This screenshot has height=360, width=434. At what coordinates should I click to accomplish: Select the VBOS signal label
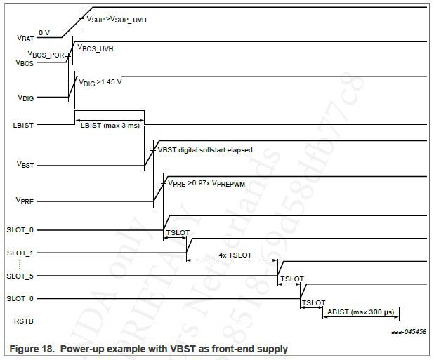click(x=25, y=62)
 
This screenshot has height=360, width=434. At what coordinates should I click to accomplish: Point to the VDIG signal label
click(x=25, y=99)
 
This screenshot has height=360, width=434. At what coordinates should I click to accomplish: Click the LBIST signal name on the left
click(x=23, y=125)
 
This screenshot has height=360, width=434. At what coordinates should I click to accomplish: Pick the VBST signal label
click(x=25, y=166)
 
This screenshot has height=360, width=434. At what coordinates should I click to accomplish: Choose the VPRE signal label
click(x=25, y=201)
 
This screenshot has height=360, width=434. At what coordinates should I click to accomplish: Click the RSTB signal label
click(x=23, y=321)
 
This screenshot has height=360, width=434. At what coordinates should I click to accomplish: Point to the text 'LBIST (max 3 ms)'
click(x=110, y=125)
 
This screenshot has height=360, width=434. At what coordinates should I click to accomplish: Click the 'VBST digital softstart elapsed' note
click(x=204, y=149)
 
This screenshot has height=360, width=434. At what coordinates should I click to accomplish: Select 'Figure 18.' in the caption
click(x=30, y=348)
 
